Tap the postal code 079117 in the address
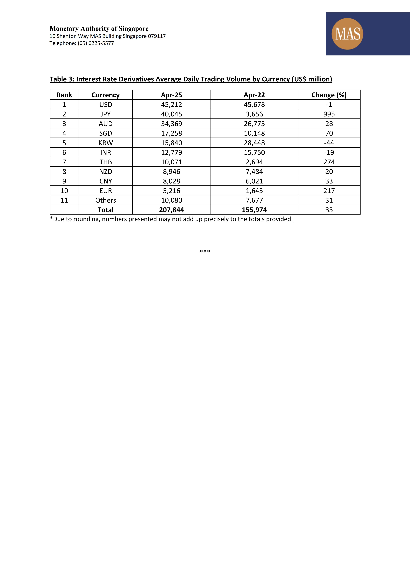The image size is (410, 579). click(157, 36)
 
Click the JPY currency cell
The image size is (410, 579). click(106, 114)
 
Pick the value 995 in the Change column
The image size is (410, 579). click(329, 114)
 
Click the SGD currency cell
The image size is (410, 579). click(106, 133)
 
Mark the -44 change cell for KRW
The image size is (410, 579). click(329, 143)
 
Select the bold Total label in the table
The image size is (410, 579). click(106, 210)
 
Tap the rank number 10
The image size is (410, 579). click(64, 191)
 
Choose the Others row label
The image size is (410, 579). click(106, 200)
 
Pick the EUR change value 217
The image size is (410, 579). click(329, 191)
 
